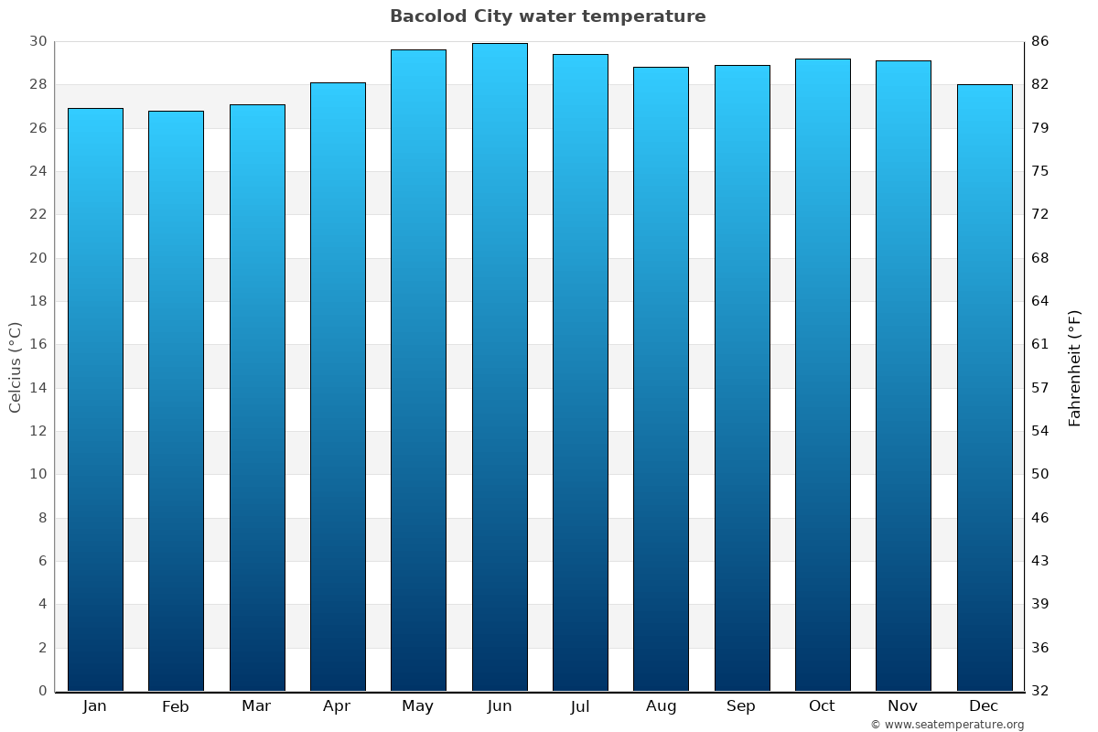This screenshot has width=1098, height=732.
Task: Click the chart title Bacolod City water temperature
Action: [x=547, y=16]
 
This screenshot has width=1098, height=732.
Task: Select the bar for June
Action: [x=500, y=366]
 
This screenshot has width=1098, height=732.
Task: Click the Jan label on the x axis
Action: [x=94, y=706]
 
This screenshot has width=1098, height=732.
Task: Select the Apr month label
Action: [x=337, y=706]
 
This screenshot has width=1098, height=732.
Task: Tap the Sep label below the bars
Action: [x=741, y=706]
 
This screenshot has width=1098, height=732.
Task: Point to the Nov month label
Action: [x=903, y=706]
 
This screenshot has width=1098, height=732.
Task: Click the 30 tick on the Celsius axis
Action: [x=38, y=41]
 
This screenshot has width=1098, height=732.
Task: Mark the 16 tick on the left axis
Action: [x=38, y=344]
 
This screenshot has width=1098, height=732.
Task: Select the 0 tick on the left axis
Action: [x=42, y=691]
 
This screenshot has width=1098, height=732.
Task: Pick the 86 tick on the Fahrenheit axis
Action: [x=1040, y=41]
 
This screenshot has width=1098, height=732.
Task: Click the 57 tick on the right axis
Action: [x=1040, y=388]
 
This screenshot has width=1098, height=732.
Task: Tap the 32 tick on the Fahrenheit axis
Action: [x=1040, y=691]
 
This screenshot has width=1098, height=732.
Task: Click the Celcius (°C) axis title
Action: [x=15, y=366]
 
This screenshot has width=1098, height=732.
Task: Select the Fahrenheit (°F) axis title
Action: [x=1075, y=367]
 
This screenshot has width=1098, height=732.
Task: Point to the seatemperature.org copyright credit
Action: [x=946, y=725]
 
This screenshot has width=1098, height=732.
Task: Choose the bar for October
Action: [x=823, y=374]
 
